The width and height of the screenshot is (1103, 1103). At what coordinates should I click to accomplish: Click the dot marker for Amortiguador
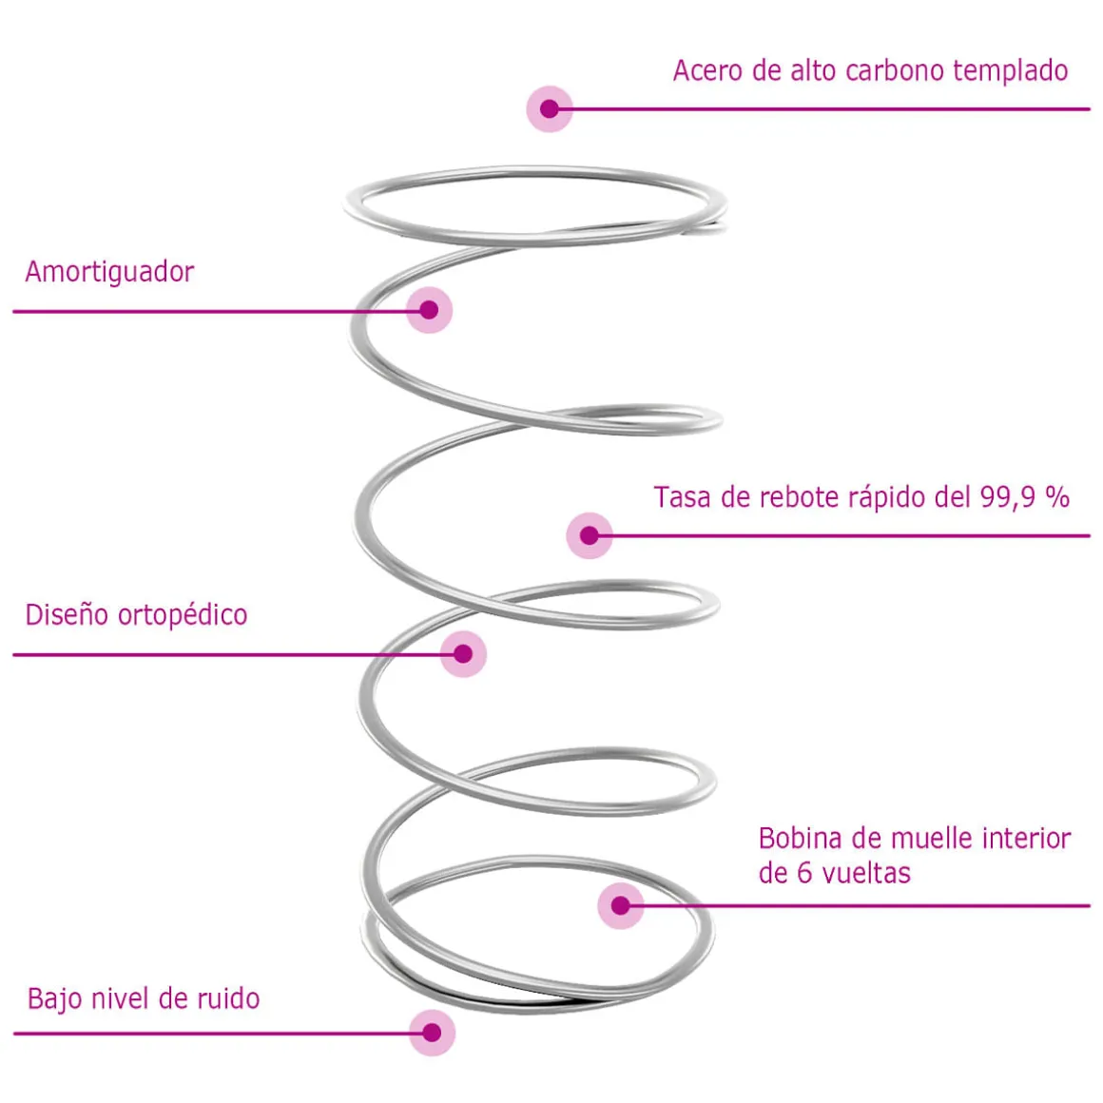coord(429,310)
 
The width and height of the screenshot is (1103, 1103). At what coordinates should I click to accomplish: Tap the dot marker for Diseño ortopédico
coord(463,654)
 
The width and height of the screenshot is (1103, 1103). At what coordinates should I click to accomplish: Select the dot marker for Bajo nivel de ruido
coord(432,1033)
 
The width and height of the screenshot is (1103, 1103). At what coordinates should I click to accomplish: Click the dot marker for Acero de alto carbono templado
coord(550,109)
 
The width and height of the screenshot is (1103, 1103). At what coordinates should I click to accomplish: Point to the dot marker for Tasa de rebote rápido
coord(589,535)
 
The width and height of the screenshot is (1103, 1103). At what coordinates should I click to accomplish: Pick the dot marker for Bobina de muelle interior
coord(620,905)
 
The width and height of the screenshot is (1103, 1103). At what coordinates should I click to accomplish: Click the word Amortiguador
coord(109,272)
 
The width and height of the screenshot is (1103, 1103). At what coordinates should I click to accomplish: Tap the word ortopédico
coord(183,615)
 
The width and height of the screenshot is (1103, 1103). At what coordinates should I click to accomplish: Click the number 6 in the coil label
coord(804,874)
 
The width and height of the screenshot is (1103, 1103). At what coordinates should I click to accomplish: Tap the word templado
coord(1010,71)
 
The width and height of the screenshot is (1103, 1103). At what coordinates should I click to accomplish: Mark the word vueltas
coord(866,874)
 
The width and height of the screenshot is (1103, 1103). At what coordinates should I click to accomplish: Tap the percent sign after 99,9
coord(1056,497)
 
